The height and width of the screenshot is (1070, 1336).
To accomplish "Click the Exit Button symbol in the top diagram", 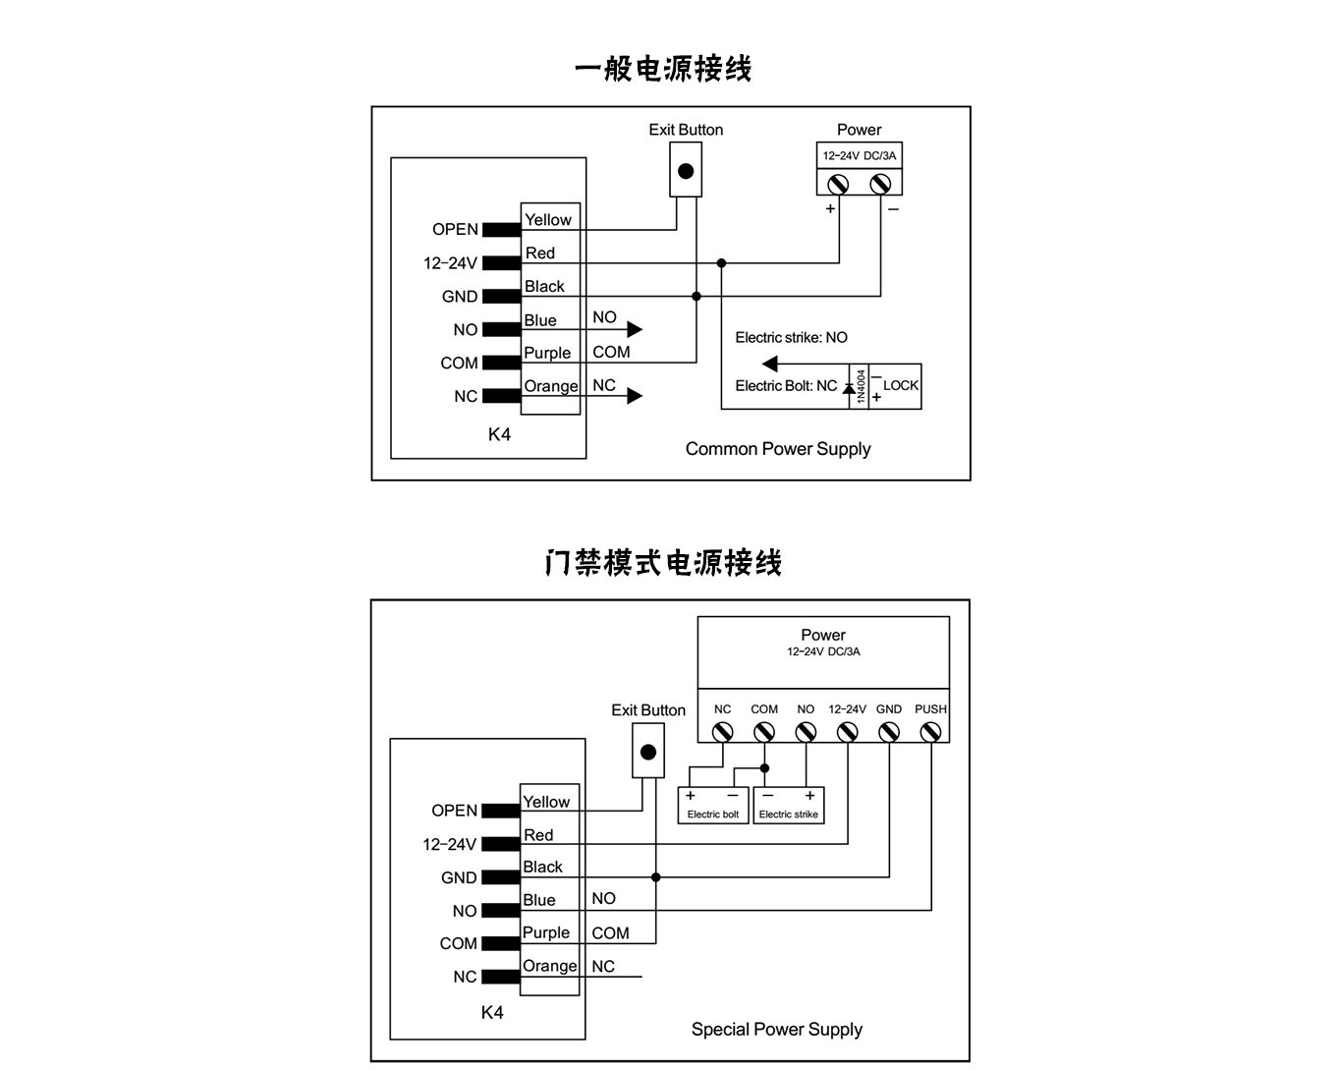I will coord(686,170).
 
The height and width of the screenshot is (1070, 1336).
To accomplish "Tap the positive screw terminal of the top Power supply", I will coord(838,183).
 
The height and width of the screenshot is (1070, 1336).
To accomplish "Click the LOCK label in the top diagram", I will coord(900,385).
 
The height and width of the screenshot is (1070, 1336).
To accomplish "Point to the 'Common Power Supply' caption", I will coord(778,449).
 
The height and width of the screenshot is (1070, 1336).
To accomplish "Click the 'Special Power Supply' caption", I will coord(776,1029).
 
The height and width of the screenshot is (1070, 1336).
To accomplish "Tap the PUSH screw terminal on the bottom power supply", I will coord(930,731).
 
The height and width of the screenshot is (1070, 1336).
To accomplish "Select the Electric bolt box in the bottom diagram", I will coord(713,805).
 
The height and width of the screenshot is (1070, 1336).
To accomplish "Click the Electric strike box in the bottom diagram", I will coord(788,805).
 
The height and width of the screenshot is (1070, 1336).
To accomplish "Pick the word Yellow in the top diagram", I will coord(547,220).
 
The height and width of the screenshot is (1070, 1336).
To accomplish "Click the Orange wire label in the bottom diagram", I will coord(549,966).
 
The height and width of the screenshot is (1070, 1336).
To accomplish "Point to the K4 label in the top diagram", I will coord(499,434).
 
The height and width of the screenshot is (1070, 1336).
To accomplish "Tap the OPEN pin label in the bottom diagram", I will coord(454,811).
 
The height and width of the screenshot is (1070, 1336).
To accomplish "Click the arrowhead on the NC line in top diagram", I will coord(635,396).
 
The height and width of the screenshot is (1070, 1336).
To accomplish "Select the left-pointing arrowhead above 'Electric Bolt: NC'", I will coord(770,364).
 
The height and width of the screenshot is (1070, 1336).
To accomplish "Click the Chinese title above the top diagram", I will coord(663,69).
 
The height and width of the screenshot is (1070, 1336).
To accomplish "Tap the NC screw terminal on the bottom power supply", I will coord(722,731).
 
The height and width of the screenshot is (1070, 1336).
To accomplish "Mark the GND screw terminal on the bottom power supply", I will coord(889,731).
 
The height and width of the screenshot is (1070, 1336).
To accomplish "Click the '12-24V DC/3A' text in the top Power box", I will coord(859,155).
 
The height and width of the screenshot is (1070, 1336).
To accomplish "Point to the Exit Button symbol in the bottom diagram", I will coord(647,752).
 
